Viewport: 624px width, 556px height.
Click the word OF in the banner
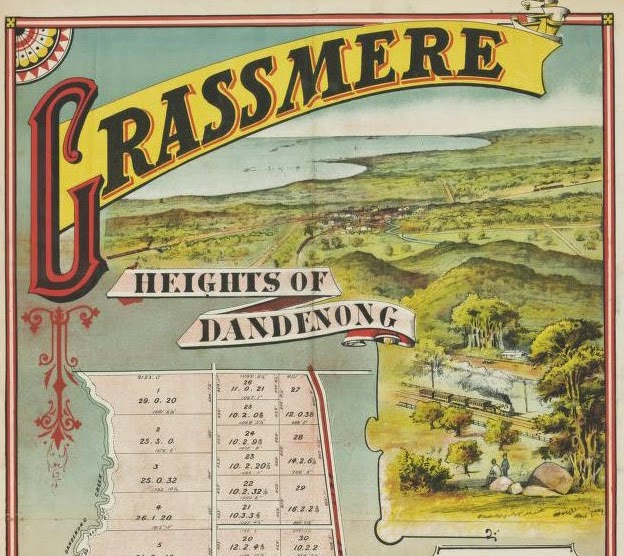click(304, 282)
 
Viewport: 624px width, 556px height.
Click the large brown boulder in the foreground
click(549, 478)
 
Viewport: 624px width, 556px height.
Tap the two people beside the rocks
click(498, 467)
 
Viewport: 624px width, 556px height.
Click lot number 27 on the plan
click(295, 390)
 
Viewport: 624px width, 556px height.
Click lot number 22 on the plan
click(248, 482)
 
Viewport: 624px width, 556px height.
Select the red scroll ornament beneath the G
click(60, 370)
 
